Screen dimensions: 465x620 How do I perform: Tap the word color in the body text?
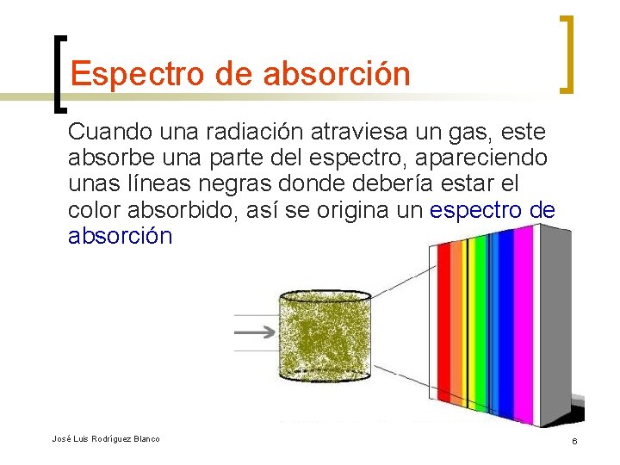(92, 210)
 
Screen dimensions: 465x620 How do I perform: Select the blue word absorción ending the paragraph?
(121, 236)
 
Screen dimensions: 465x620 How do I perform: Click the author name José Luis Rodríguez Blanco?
(106, 439)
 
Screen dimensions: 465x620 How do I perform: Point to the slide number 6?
(573, 441)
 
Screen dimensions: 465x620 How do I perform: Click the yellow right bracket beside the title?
(567, 53)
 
